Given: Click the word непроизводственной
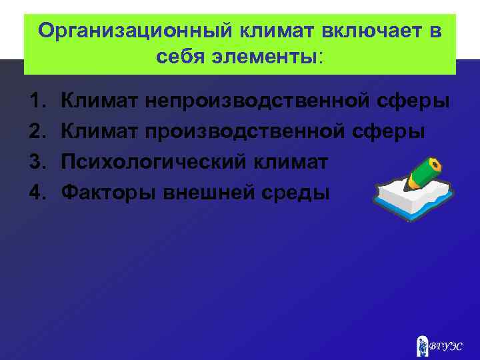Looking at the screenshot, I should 259,101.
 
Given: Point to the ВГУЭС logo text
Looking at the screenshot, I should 445,346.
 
